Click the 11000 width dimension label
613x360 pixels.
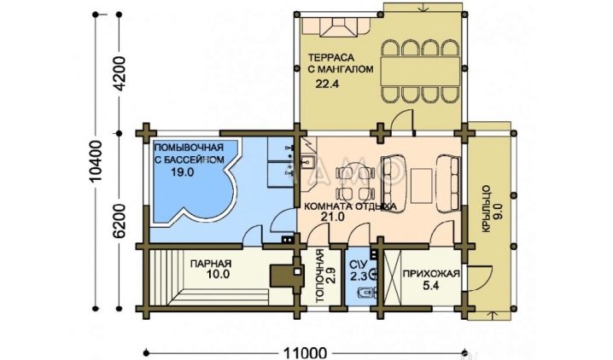[x=303, y=353]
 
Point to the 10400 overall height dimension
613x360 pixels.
[x=96, y=160]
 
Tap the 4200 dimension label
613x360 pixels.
[x=119, y=73]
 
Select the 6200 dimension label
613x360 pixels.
[x=119, y=221]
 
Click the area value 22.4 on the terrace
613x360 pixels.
[x=327, y=84]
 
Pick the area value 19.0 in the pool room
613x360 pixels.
[x=182, y=171]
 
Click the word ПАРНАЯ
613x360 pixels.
[x=211, y=264]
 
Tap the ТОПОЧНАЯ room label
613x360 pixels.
[x=319, y=276]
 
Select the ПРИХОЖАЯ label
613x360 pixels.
[x=431, y=274]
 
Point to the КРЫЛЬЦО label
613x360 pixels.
[x=487, y=209]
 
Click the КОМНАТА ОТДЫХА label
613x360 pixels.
[x=350, y=206]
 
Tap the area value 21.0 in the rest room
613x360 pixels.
[x=333, y=217]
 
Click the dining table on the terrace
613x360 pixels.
[x=420, y=71]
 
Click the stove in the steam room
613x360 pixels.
[x=288, y=276]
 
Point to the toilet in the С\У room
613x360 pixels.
[x=367, y=292]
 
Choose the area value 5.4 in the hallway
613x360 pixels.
[x=431, y=286]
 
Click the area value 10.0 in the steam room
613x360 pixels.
[x=219, y=274]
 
